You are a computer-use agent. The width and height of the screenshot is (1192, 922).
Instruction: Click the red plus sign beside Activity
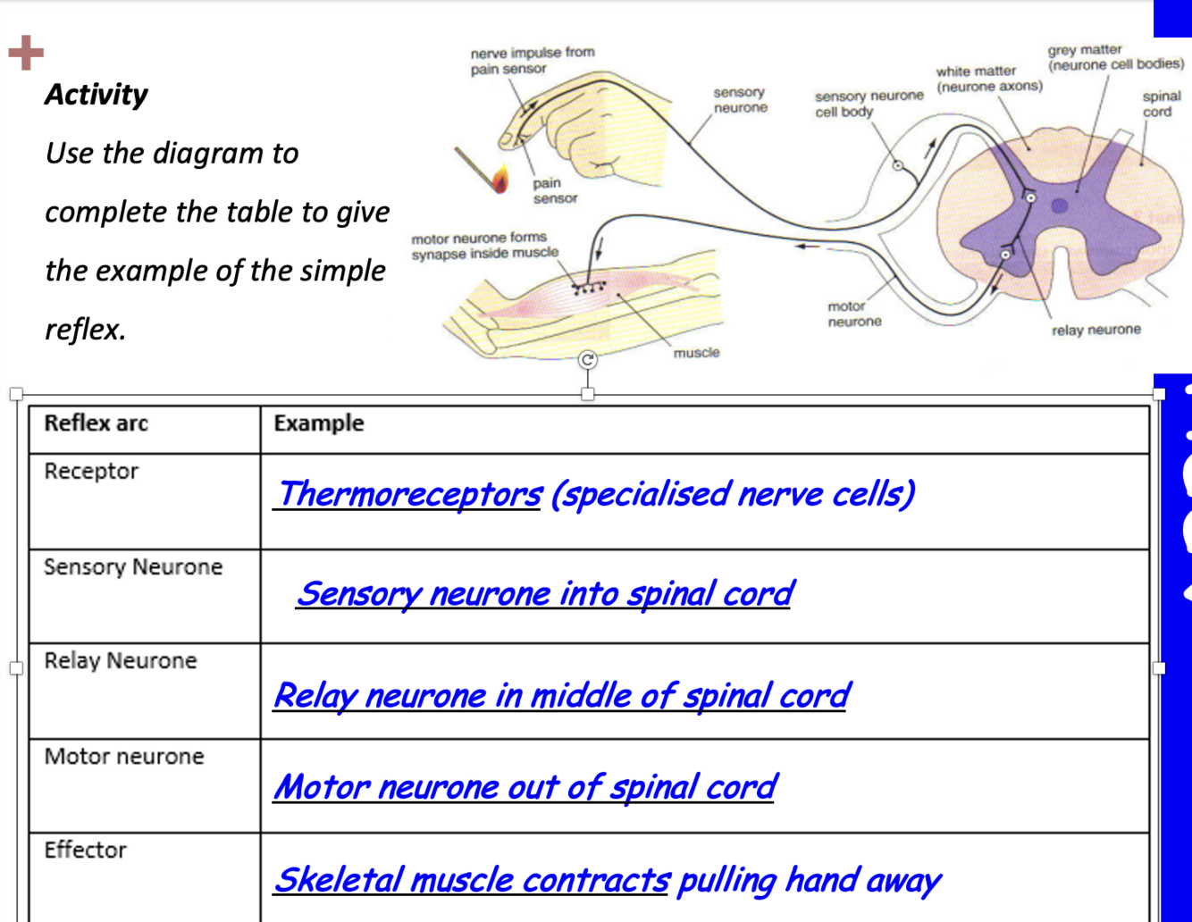[x=26, y=53]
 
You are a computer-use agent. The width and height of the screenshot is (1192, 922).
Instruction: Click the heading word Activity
[x=96, y=94]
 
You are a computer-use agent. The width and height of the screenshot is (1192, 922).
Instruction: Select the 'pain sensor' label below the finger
[x=554, y=190]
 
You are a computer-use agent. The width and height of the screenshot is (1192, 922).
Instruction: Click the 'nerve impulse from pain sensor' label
[x=532, y=60]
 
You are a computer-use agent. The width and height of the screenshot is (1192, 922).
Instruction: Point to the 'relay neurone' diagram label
[x=1095, y=330]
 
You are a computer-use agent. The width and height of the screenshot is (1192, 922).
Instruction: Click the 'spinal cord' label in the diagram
[x=1161, y=104]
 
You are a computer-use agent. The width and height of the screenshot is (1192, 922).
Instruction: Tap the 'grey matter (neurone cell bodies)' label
[x=1115, y=57]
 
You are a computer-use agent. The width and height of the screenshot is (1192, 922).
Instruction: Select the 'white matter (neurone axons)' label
[x=988, y=79]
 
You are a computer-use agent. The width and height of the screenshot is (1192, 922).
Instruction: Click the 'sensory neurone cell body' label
[x=868, y=104]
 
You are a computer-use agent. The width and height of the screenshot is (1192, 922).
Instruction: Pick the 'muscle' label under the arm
[x=696, y=353]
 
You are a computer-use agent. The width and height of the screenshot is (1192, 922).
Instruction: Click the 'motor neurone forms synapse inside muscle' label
[x=484, y=246]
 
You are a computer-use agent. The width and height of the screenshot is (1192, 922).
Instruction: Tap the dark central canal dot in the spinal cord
[x=1059, y=206]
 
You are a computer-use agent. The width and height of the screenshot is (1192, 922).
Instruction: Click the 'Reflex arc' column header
[x=96, y=423]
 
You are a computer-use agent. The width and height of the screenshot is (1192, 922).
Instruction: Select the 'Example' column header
[x=319, y=423]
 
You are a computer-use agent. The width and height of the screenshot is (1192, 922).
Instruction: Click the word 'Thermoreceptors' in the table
[x=408, y=493]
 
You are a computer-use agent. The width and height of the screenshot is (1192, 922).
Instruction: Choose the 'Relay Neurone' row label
[x=120, y=660]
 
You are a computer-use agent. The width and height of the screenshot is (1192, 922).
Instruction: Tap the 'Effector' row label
[x=85, y=850]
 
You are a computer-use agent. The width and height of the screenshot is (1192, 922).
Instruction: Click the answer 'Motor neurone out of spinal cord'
[x=525, y=787]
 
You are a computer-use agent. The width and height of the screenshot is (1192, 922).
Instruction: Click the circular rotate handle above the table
[x=587, y=360]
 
